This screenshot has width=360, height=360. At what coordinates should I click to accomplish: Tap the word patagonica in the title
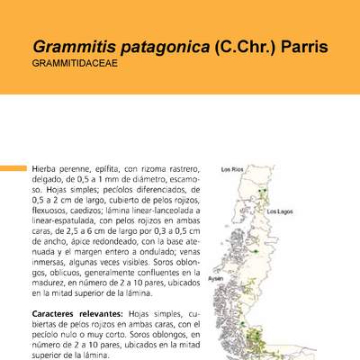pyautogui.click(x=160, y=45)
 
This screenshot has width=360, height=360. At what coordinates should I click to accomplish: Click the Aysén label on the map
pyautogui.click(x=216, y=279)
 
